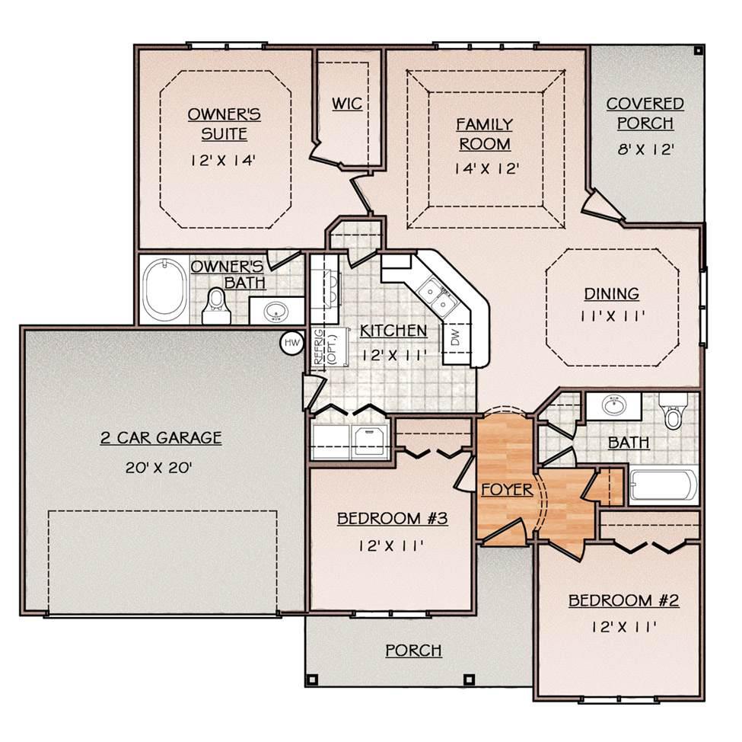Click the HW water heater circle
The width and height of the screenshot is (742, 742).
tap(292, 342)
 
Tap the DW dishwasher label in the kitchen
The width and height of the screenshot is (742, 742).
tap(455, 337)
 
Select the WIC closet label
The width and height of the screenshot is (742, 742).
tap(347, 104)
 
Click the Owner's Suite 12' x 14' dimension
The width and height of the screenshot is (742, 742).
tap(223, 161)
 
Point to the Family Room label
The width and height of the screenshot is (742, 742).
tap(485, 134)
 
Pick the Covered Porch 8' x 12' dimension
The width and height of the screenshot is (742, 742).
tap(645, 150)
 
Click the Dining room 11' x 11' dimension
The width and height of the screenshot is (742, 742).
tap(612, 316)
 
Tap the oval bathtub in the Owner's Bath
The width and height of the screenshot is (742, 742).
tap(164, 289)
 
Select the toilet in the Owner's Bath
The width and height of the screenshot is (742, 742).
tap(217, 306)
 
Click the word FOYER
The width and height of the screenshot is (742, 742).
tap(507, 489)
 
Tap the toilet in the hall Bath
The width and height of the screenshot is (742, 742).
tap(672, 411)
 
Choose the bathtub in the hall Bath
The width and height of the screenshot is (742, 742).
tap(664, 485)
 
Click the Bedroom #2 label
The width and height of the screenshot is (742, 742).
tap(624, 600)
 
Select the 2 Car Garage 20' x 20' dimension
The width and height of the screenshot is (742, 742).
tap(159, 468)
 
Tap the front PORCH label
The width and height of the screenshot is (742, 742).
tap(413, 651)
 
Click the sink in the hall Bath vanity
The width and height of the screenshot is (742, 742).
tap(613, 405)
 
